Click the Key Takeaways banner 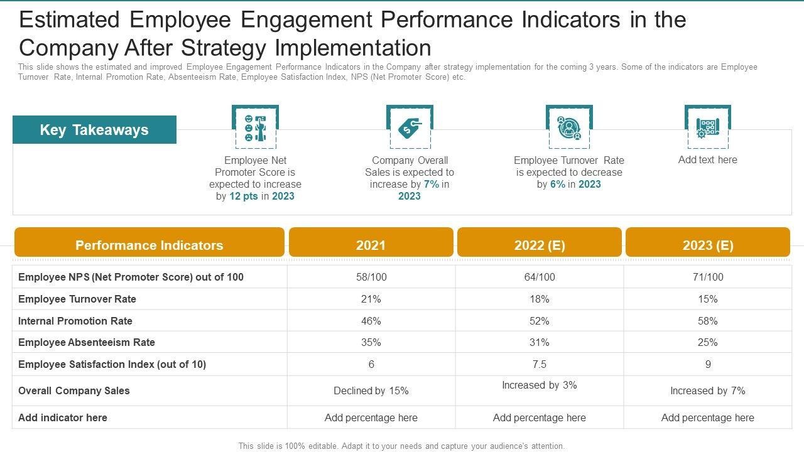tap(94, 130)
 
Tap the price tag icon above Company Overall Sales tap(410, 127)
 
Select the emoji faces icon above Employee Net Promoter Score tap(255, 127)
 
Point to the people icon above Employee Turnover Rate tap(569, 127)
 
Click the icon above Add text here tap(707, 127)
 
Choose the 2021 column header tap(371, 245)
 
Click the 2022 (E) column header tap(539, 245)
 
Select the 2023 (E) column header tap(708, 245)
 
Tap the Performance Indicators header tap(149, 245)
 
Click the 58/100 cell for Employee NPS tap(371, 277)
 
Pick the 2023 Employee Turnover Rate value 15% tap(708, 299)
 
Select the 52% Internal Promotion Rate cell tap(539, 321)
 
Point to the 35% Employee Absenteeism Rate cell tap(371, 342)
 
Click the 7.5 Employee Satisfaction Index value tap(539, 364)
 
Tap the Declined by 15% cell tap(371, 390)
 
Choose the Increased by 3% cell tap(539, 385)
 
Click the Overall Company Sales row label tap(74, 390)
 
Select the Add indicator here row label tap(63, 417)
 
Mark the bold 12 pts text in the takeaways tap(244, 196)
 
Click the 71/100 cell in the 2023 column tap(708, 277)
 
